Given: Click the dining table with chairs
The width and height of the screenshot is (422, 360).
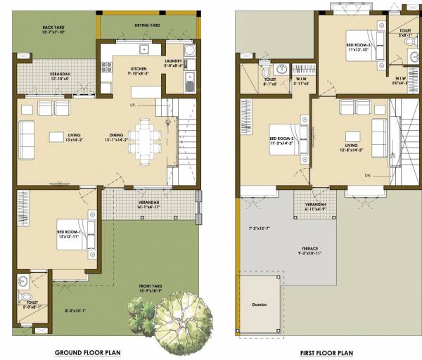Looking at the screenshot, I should [145, 140].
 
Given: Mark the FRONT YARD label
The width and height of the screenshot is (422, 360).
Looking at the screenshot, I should [154, 288].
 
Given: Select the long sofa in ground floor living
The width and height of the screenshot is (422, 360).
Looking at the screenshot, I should [27, 140].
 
